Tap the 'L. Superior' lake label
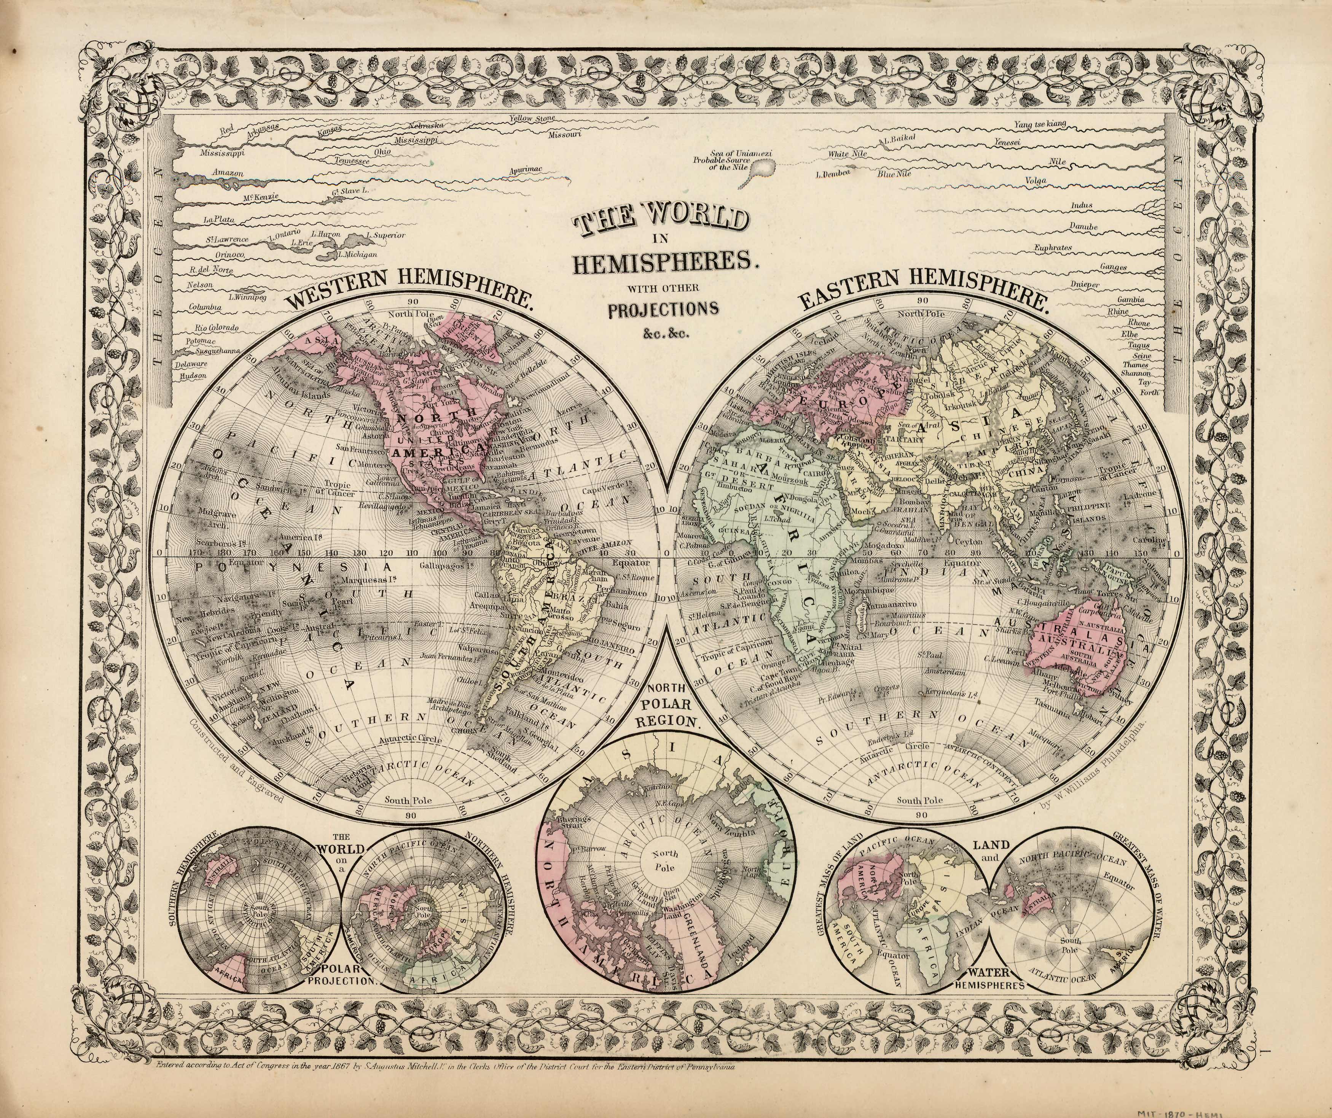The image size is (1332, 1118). point(381,235)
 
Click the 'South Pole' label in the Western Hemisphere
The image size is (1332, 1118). point(408,800)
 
